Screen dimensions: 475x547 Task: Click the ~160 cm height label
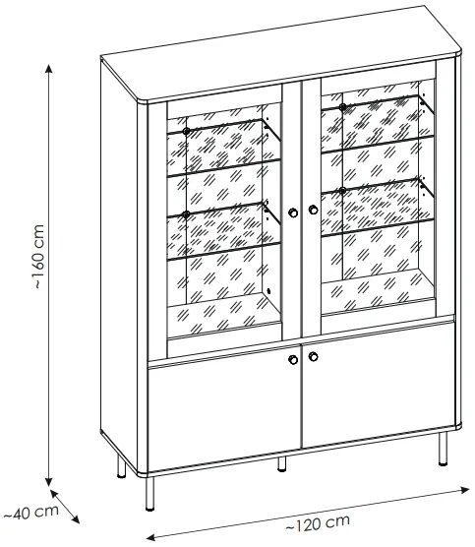click(x=39, y=257)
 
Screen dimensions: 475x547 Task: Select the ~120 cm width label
click(x=318, y=523)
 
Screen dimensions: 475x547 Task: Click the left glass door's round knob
click(x=293, y=213)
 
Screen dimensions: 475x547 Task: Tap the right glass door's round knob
click(x=313, y=210)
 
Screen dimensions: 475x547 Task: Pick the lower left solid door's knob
click(x=293, y=359)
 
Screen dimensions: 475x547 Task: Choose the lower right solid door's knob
click(x=313, y=356)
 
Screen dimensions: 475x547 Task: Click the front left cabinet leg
click(x=149, y=493)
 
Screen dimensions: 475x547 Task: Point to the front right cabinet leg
click(x=443, y=449)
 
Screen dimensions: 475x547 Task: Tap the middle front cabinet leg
click(x=282, y=464)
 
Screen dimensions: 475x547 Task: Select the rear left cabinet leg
click(x=121, y=465)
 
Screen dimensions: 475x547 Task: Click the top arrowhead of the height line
click(x=49, y=69)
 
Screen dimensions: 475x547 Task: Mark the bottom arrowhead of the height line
click(x=49, y=482)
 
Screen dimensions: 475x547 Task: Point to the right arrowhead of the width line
click(x=465, y=490)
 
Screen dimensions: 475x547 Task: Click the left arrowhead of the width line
click(x=150, y=536)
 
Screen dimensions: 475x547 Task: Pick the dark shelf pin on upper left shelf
click(x=186, y=132)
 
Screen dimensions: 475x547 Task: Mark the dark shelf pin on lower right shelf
click(x=342, y=191)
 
